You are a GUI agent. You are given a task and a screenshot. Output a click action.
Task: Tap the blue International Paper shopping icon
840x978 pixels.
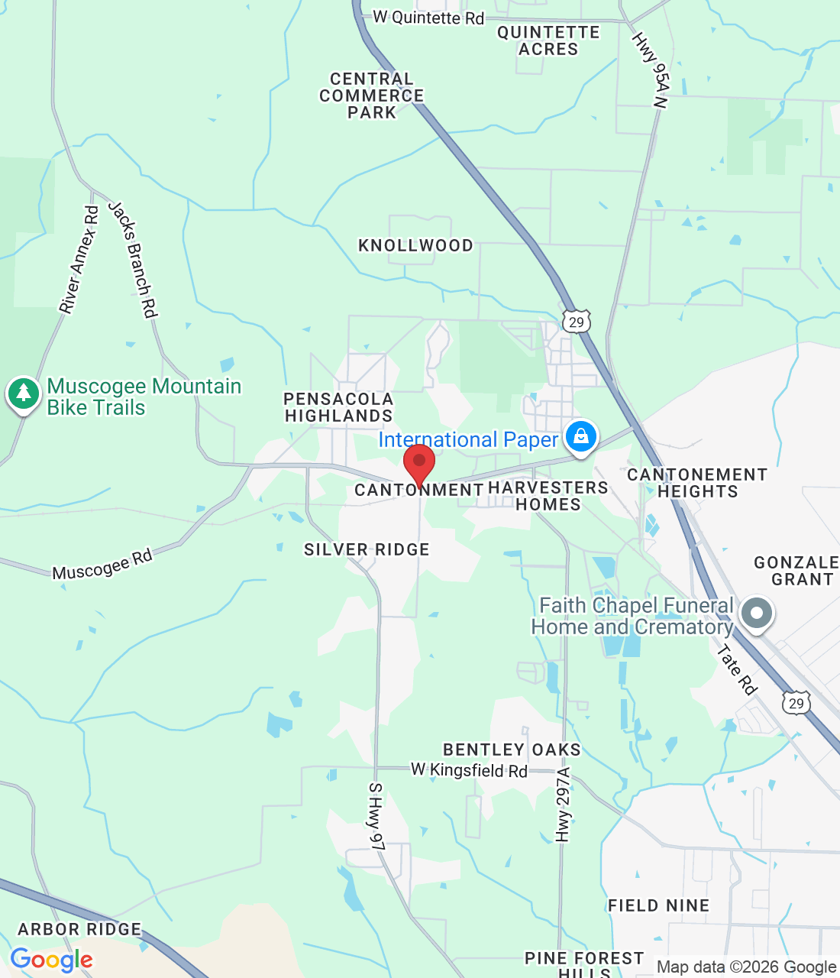click(581, 437)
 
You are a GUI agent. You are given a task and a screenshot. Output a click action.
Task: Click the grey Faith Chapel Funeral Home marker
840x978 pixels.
click(758, 613)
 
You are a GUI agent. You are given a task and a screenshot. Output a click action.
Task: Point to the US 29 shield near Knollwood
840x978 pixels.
click(576, 322)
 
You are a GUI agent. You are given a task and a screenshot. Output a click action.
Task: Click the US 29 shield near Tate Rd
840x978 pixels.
click(796, 703)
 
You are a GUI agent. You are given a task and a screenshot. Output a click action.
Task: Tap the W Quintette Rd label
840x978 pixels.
click(428, 17)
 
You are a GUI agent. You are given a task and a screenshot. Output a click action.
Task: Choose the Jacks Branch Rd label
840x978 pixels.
click(133, 259)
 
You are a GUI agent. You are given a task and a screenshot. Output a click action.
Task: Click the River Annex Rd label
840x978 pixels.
click(79, 260)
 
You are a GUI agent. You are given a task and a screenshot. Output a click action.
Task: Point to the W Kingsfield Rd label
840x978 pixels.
click(469, 770)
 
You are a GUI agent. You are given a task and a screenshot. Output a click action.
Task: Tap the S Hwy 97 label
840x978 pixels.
click(376, 816)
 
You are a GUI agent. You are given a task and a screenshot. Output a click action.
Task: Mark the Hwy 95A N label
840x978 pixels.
click(651, 70)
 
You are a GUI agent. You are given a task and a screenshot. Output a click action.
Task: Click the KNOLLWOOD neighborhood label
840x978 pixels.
click(415, 245)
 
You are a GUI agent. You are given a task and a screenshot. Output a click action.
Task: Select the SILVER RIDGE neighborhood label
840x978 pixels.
click(367, 549)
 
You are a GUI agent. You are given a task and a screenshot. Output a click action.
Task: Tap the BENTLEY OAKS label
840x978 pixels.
click(512, 750)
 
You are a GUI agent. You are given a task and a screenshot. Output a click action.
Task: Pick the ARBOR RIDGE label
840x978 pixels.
click(79, 929)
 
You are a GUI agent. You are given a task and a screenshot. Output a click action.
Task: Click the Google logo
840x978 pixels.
click(51, 960)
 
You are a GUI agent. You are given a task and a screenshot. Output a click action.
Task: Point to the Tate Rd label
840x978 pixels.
click(737, 670)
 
